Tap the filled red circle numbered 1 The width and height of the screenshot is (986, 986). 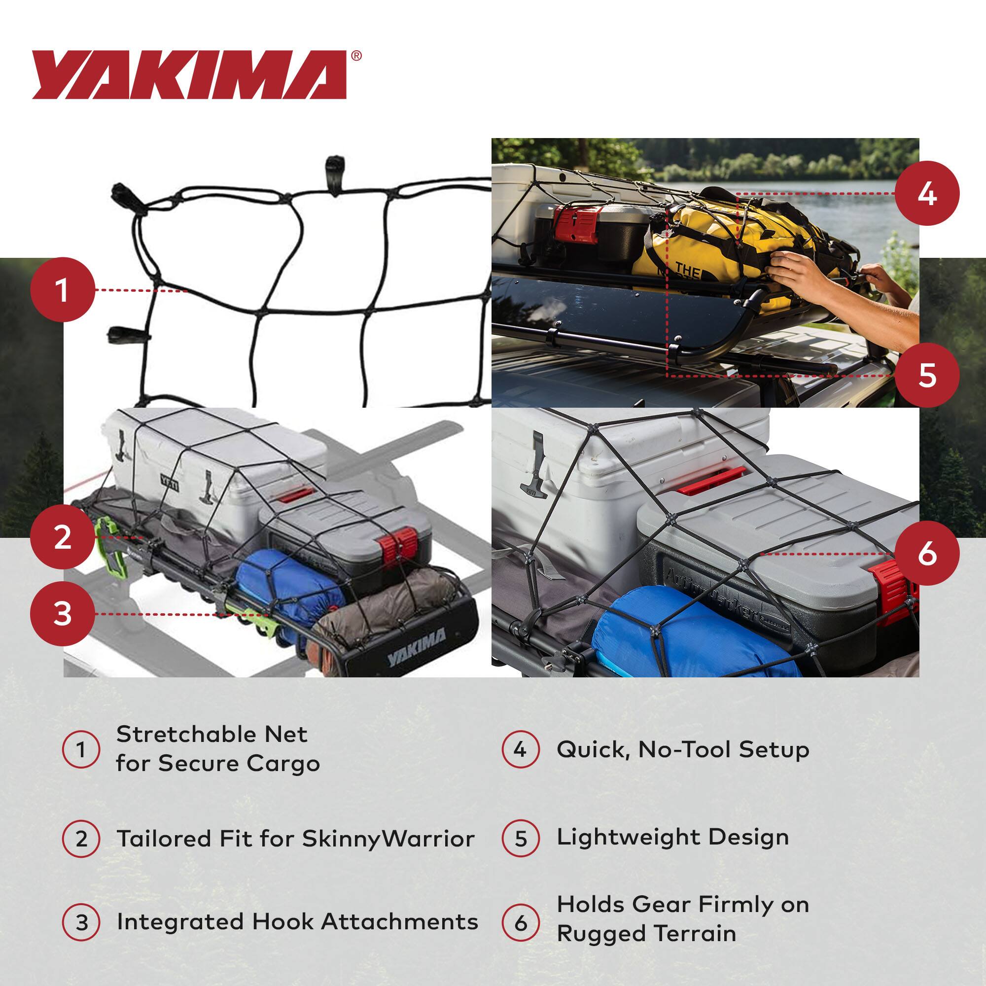pos(63,290)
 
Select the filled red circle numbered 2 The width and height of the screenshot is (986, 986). pos(63,537)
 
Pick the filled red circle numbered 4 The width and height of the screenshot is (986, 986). pos(927,193)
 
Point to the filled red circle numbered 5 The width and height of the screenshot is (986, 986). pos(927,375)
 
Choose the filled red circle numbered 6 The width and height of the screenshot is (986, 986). pos(927,553)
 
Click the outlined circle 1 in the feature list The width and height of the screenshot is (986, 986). pos(81,750)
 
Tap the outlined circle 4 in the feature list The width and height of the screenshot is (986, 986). pos(520,750)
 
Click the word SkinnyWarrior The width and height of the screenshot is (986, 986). pos(388,839)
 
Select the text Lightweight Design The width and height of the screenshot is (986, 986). pos(672,837)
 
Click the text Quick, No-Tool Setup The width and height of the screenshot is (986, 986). pos(683,750)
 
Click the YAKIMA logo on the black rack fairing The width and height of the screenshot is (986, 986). pos(416,639)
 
